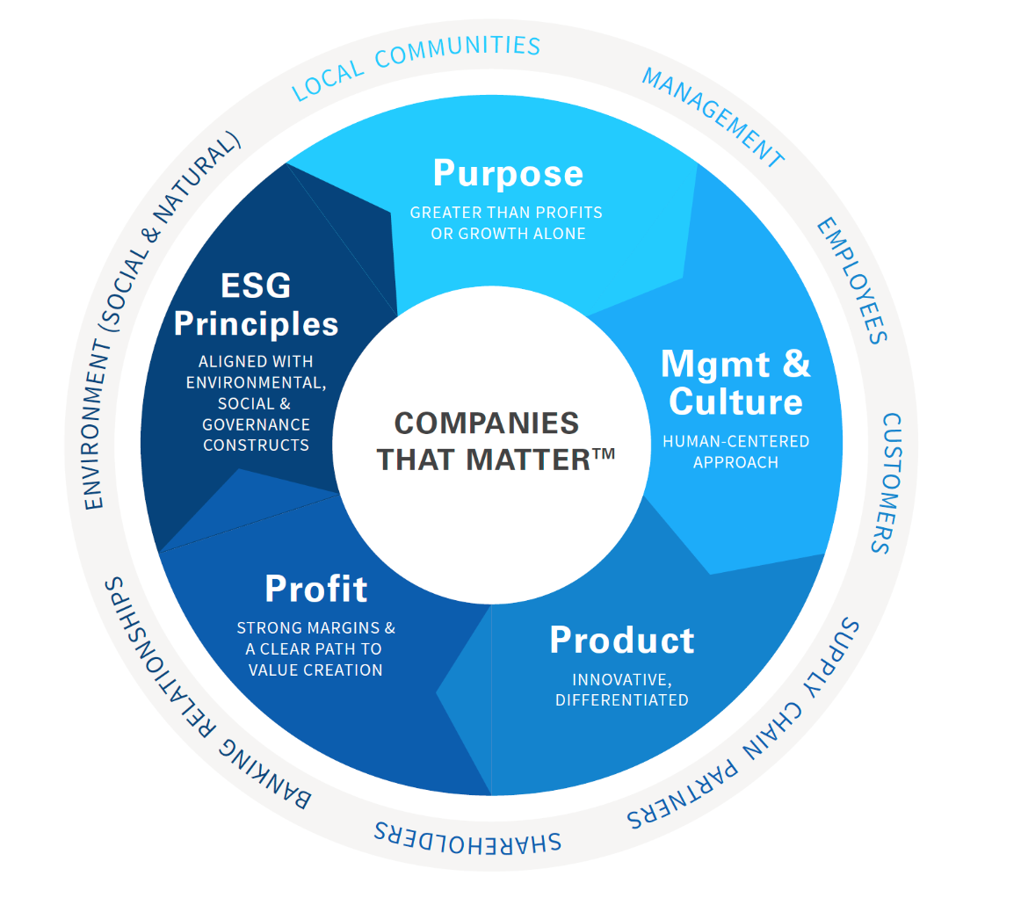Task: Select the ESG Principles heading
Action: click(256, 305)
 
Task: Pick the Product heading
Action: click(621, 640)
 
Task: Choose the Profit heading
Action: click(315, 589)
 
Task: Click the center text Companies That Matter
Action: click(488, 440)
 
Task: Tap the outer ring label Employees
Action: click(851, 280)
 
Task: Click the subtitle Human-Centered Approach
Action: click(735, 451)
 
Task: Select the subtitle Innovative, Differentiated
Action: click(621, 690)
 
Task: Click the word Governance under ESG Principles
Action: click(257, 424)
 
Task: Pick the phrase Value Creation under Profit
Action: click(315, 670)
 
